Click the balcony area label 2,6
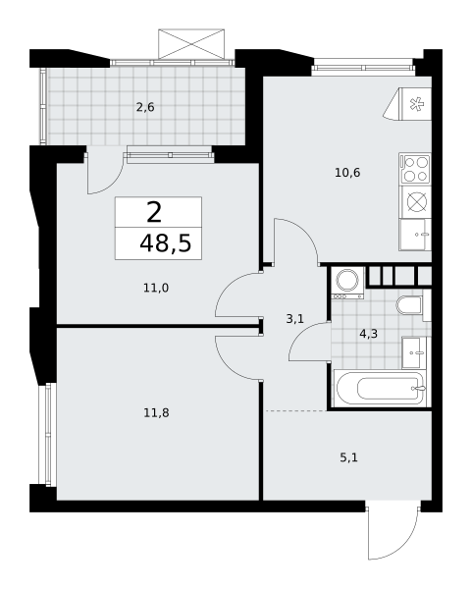click(x=145, y=108)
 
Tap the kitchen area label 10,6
click(x=347, y=173)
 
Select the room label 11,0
click(x=156, y=288)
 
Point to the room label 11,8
click(x=156, y=413)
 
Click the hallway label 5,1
click(x=348, y=457)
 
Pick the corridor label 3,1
click(x=294, y=319)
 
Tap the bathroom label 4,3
click(x=368, y=334)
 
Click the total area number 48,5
click(x=166, y=243)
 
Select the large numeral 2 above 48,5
click(x=154, y=213)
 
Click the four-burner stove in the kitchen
click(x=415, y=169)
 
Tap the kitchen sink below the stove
click(x=415, y=235)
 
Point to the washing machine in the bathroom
click(x=347, y=283)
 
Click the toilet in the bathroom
click(x=410, y=305)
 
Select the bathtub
click(x=382, y=389)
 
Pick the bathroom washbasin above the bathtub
click(x=414, y=352)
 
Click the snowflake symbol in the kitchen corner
click(x=416, y=104)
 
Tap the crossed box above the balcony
click(x=191, y=44)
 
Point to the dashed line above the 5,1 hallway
click(x=295, y=411)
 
